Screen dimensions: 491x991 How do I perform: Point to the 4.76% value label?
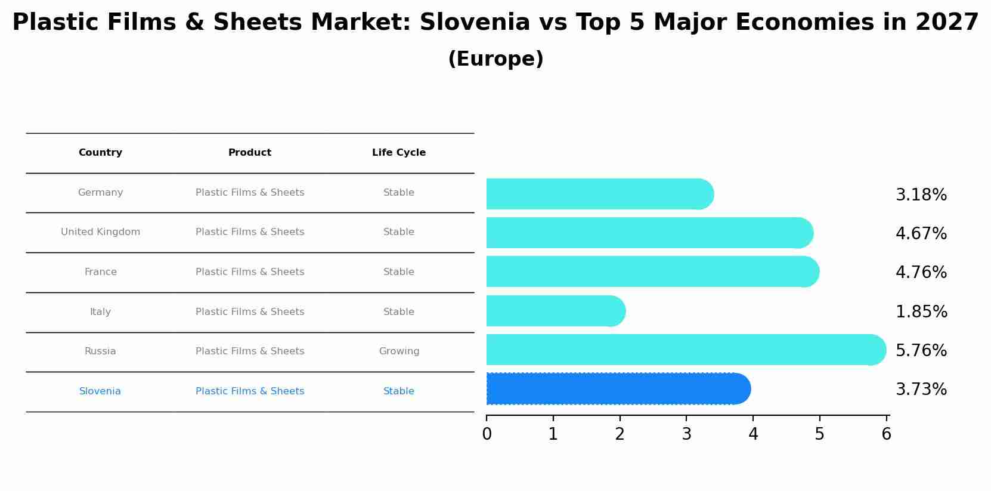921,273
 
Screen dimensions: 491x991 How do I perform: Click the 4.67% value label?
921,234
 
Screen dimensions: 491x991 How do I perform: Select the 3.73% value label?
921,390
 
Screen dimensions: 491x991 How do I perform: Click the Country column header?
100,153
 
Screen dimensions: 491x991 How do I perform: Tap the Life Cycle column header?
399,153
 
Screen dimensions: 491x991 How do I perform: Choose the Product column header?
250,153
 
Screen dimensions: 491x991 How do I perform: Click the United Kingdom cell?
100,232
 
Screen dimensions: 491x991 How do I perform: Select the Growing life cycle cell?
399,351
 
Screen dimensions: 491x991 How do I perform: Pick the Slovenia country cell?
100,391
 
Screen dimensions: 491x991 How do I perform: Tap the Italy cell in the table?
100,312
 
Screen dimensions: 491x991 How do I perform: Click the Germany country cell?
100,193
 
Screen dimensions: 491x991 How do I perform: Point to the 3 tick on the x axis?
686,434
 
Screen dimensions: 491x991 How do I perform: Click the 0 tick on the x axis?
487,434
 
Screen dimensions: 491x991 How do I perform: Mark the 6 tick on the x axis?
886,434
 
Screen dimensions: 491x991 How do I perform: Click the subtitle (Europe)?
495,59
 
